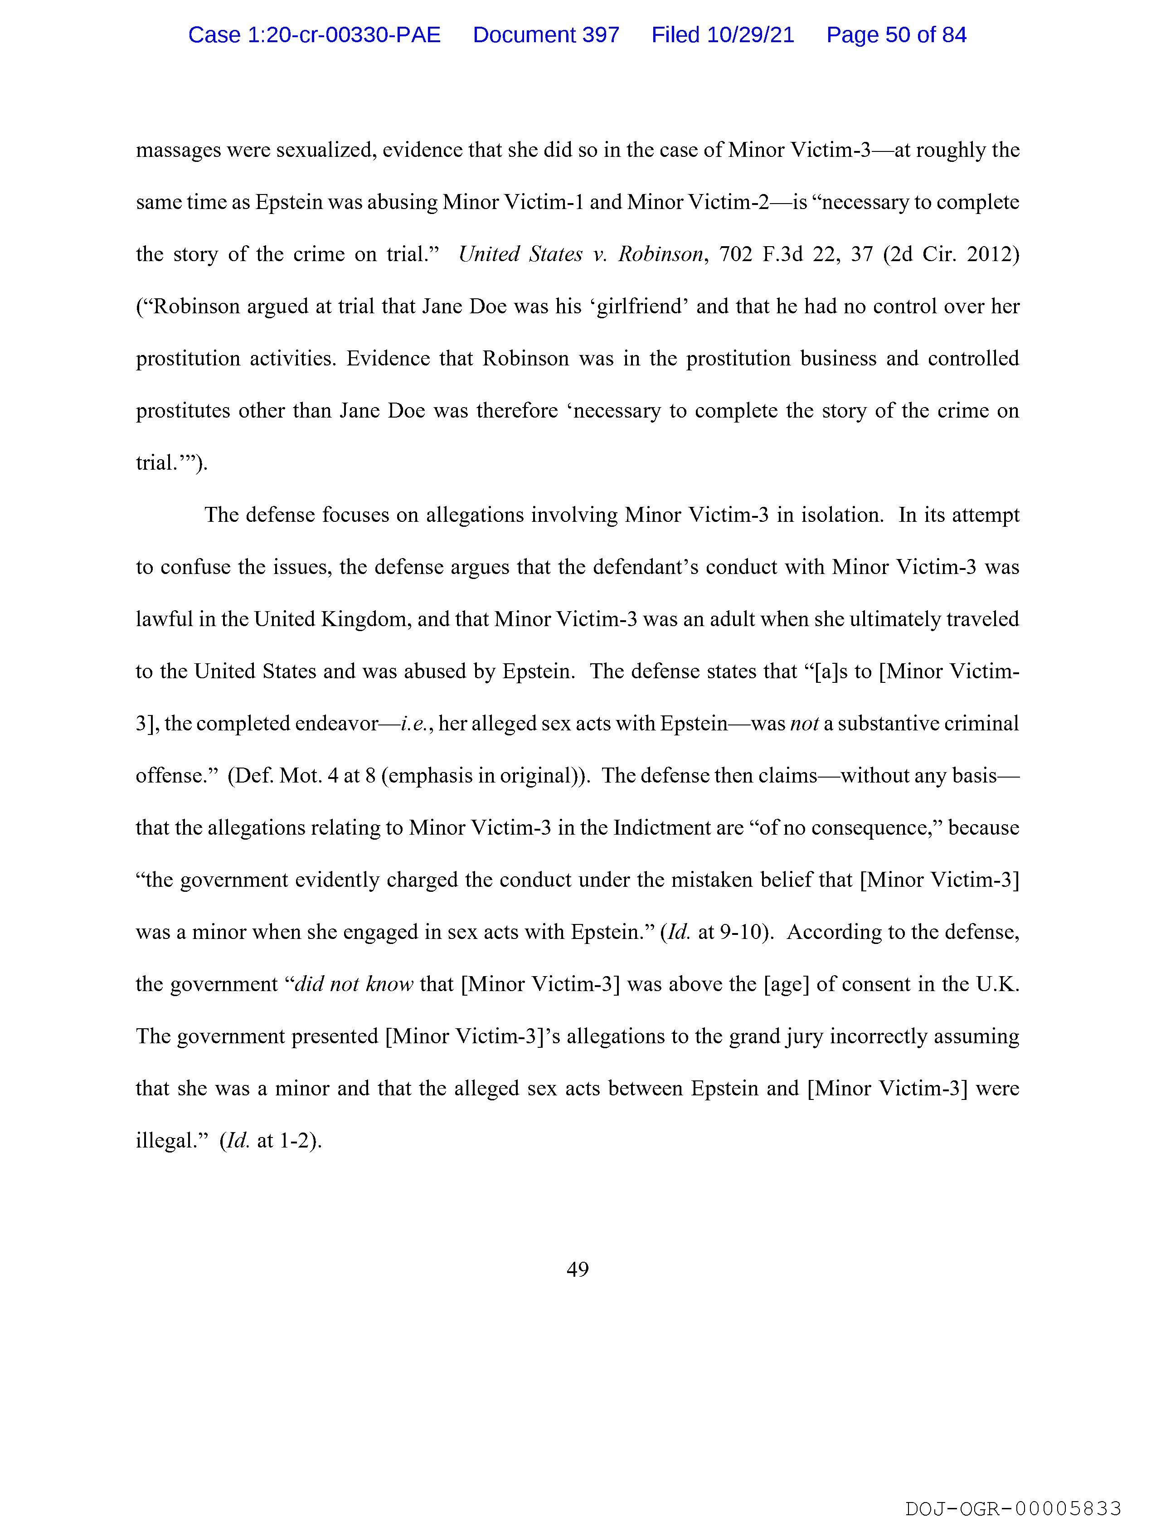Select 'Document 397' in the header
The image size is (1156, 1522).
coord(546,35)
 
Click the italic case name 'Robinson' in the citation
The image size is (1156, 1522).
coord(661,255)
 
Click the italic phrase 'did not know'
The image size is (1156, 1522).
coord(354,984)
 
